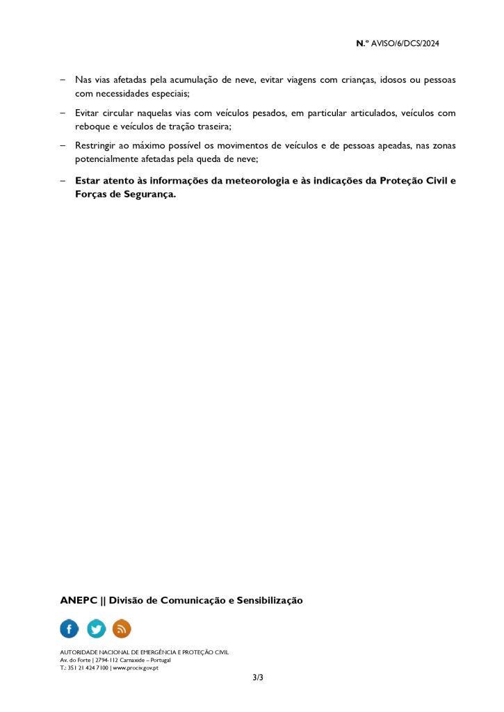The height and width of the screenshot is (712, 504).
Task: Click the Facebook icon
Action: tap(70, 629)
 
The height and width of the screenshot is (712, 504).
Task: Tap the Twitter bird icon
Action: tap(96, 629)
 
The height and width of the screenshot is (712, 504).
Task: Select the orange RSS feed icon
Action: tap(122, 629)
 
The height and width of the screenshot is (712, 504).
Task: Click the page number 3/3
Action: tap(258, 677)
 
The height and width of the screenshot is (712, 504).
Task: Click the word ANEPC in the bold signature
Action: tap(79, 600)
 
